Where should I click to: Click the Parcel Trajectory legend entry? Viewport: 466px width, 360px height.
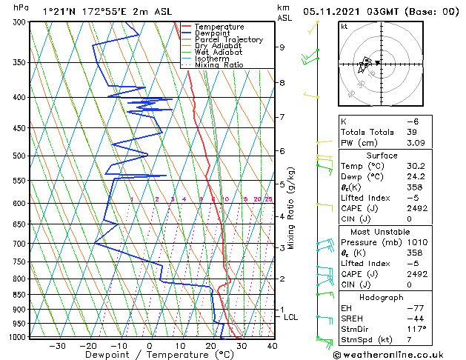(228, 39)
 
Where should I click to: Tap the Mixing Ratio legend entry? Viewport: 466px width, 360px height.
(219, 65)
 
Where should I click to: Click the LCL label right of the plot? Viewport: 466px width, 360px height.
(291, 317)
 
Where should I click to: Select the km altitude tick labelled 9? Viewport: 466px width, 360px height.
(282, 47)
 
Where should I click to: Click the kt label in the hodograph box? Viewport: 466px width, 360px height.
(344, 26)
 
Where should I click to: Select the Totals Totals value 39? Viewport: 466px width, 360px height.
(412, 132)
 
